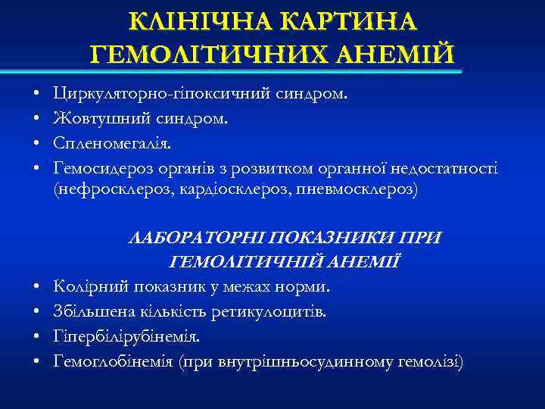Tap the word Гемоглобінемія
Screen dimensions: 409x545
111,361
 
